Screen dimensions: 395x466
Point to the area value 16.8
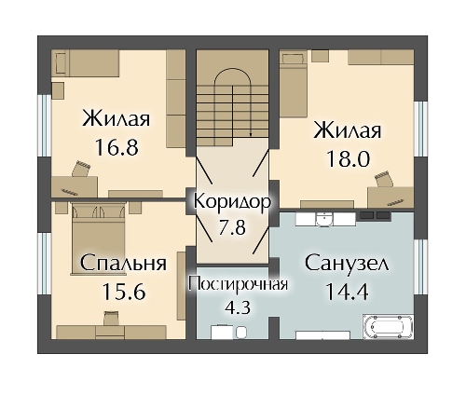(x=116, y=147)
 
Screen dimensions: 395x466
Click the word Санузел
(x=347, y=264)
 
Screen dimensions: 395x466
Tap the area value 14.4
(x=347, y=291)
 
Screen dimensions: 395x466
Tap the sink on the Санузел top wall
(x=322, y=219)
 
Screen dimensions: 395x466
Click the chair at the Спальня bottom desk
(x=111, y=320)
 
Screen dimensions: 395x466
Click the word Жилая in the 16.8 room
(x=116, y=119)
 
